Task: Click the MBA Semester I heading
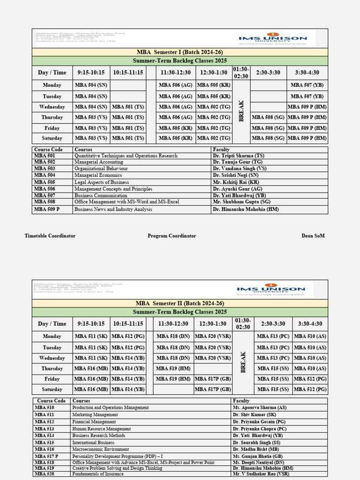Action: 180,52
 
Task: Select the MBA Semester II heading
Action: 180,303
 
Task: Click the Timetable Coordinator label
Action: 50,236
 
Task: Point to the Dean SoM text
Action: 313,236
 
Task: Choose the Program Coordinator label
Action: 172,236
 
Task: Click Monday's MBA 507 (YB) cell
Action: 307,85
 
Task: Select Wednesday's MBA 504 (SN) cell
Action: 91,107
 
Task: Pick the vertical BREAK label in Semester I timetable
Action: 241,111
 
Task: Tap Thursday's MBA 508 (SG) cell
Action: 268,117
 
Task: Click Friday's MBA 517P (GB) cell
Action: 213,379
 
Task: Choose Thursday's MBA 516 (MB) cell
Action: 91,368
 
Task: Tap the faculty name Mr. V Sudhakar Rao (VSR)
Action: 261,474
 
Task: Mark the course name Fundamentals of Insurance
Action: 98,474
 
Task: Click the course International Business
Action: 93,442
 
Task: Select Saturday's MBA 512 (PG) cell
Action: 310,389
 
